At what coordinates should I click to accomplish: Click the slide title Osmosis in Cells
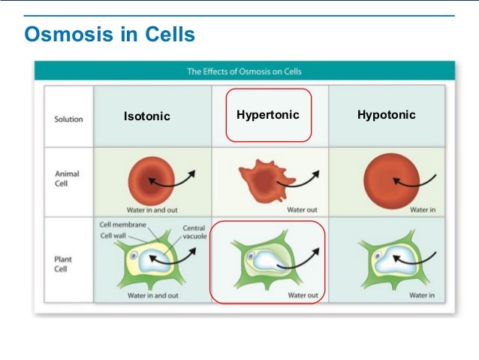click(x=110, y=35)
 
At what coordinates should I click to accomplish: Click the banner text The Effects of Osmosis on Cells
click(x=244, y=71)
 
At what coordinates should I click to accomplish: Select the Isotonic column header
click(x=147, y=116)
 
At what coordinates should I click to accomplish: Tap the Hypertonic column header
click(x=268, y=115)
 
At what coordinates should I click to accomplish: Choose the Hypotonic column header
click(x=387, y=115)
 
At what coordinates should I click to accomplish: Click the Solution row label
click(x=68, y=119)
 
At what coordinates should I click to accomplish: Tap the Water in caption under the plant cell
click(x=421, y=295)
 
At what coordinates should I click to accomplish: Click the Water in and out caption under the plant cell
click(x=152, y=295)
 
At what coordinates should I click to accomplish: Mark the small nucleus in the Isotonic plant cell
click(x=133, y=256)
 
